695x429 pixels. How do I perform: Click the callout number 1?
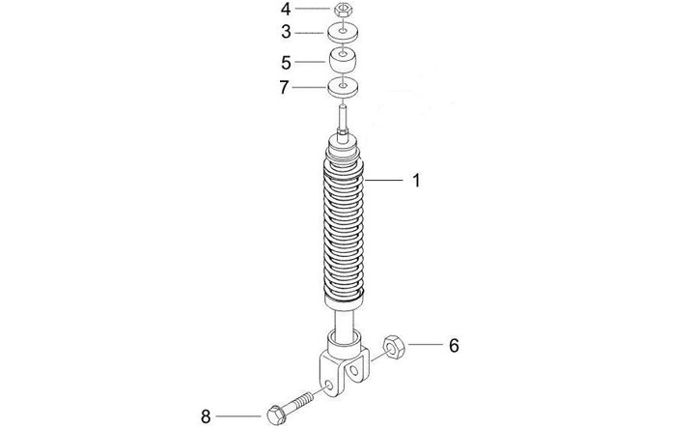click(416, 180)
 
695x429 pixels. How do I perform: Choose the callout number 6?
click(455, 344)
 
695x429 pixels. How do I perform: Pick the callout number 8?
click(205, 416)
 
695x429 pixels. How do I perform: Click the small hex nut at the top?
click(344, 11)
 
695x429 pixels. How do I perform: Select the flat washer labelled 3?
click(344, 32)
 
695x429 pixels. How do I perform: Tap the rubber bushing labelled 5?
click(344, 61)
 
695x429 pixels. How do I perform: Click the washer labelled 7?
click(344, 89)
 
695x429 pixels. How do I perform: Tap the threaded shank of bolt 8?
click(302, 401)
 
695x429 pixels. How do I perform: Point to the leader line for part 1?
click(386, 180)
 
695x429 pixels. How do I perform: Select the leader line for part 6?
click(425, 344)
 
